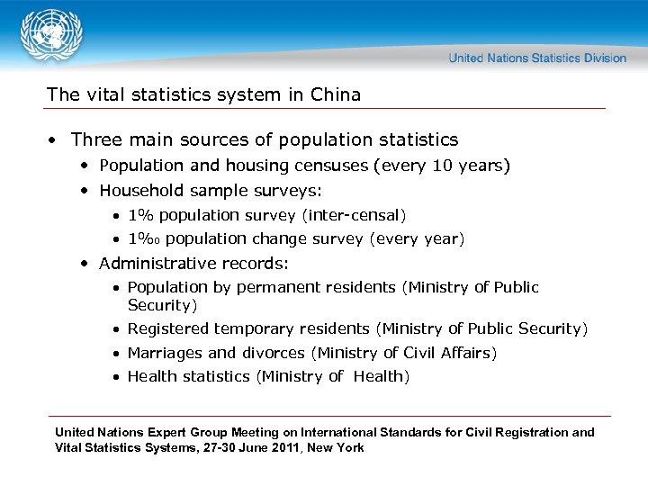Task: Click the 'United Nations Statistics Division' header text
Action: click(537, 58)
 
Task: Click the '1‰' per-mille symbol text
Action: click(144, 238)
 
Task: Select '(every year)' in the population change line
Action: click(417, 238)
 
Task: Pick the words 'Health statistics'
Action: click(188, 376)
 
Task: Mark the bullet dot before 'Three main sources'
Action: click(55, 140)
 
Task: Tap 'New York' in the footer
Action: click(337, 447)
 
